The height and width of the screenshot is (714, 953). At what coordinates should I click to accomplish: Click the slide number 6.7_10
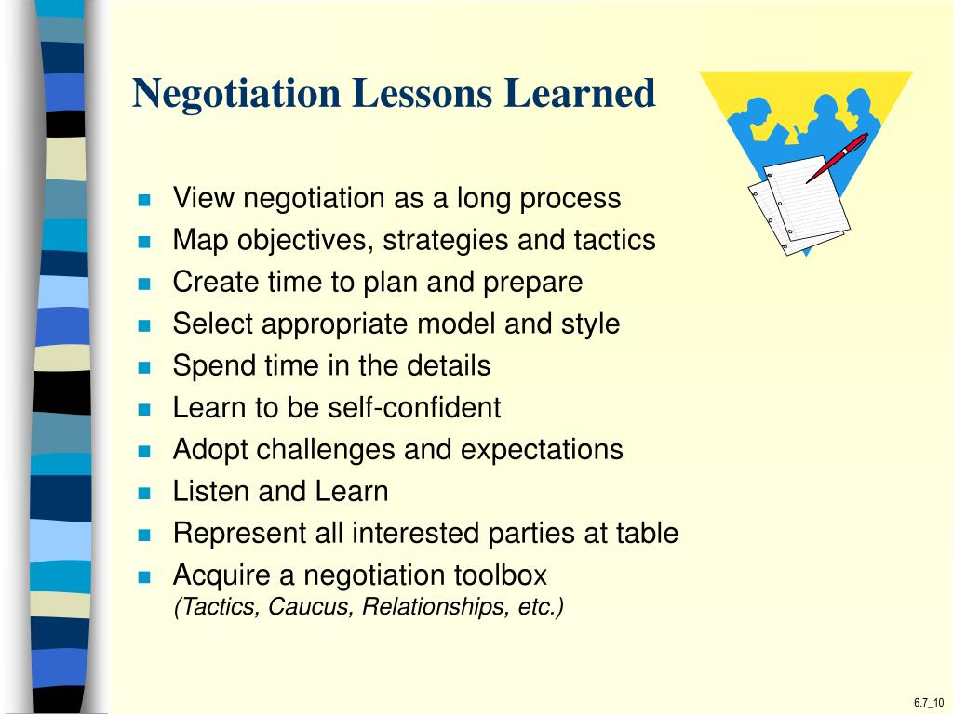pos(928,702)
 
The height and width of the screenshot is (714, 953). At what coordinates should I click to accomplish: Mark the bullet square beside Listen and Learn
pos(144,493)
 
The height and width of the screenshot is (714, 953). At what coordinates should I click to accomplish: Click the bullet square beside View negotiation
pos(144,200)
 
